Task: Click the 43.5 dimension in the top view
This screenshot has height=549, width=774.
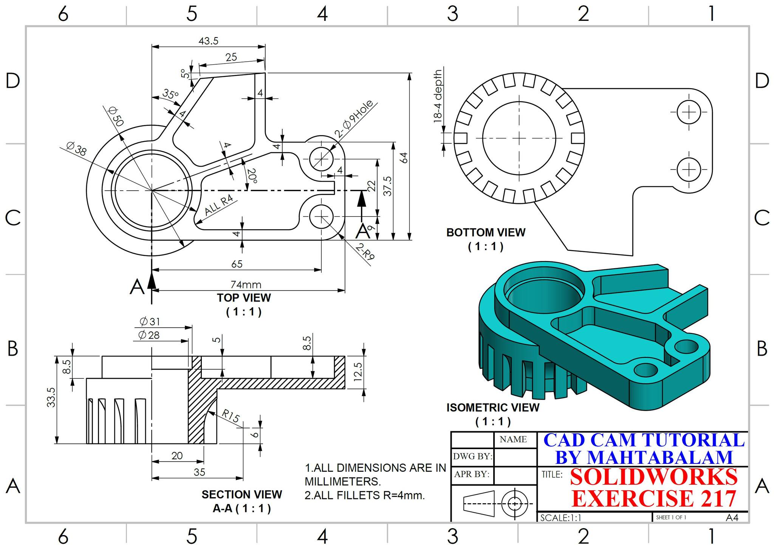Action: point(209,41)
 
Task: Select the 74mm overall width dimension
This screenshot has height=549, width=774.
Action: point(246,285)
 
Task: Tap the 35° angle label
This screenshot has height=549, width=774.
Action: point(171,94)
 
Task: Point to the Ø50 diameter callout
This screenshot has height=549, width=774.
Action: point(116,116)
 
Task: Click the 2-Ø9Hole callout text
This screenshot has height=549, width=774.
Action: point(354,119)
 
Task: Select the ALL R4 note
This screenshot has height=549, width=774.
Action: point(219,205)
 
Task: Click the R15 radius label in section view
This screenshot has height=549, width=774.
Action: point(231,416)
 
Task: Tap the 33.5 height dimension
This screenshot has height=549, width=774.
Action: point(51,397)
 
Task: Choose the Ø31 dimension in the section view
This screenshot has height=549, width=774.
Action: point(150,322)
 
